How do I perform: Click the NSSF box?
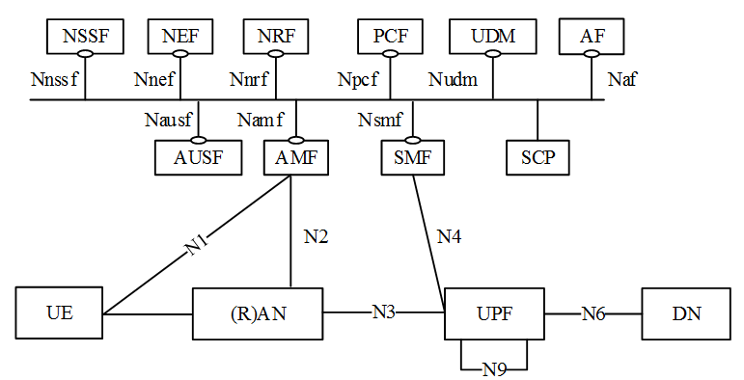(86, 38)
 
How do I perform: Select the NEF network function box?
(179, 38)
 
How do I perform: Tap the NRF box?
(275, 38)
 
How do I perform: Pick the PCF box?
(391, 38)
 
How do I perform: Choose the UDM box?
(492, 38)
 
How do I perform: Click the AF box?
(592, 38)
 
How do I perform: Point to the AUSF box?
(197, 157)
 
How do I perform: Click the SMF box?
(412, 157)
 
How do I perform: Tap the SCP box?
(537, 157)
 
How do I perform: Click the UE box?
(60, 313)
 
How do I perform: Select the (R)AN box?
(257, 313)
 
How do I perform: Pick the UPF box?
(494, 313)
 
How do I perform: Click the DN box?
(686, 313)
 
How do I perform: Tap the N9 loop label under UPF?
(494, 368)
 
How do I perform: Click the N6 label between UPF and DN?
(592, 313)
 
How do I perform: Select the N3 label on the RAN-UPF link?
(384, 312)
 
